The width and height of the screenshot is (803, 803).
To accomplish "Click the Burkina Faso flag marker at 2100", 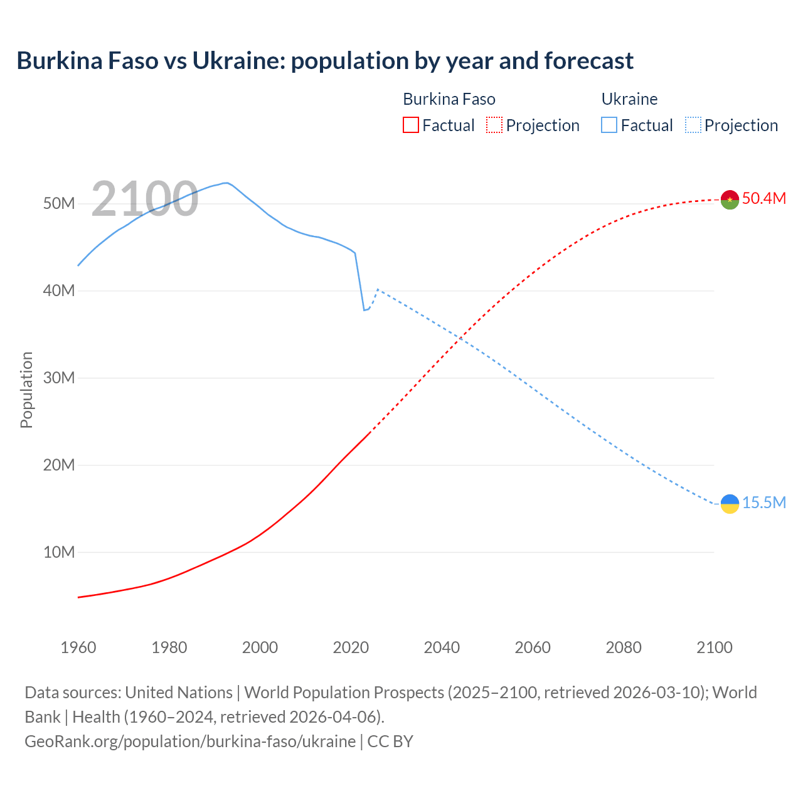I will [x=730, y=199].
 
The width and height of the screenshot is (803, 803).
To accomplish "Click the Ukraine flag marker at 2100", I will [x=730, y=504].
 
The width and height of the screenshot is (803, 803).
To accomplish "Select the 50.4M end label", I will [x=763, y=199].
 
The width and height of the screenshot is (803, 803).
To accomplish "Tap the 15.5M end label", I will [x=763, y=503].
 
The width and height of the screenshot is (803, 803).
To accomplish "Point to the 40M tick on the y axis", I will [x=59, y=291].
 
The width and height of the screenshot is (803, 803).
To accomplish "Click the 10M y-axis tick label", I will [x=59, y=553].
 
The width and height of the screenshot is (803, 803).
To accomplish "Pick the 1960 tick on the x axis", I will [x=78, y=647].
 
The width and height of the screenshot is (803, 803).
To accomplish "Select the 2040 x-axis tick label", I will [x=442, y=647].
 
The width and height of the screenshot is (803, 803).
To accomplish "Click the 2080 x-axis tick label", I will [x=623, y=647].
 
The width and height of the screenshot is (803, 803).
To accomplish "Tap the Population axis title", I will [x=26, y=390].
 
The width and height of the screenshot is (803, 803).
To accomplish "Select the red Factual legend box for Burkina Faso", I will [x=410, y=125].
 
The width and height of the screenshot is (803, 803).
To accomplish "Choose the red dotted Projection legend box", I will [x=494, y=125].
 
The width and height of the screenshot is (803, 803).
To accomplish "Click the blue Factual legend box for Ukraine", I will [x=609, y=125].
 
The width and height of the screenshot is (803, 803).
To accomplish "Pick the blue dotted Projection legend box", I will [x=693, y=125].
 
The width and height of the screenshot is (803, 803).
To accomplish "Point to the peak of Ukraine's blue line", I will [x=226, y=183].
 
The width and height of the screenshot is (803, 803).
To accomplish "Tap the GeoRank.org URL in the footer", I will [x=190, y=742].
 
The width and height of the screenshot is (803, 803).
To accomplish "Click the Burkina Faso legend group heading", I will [x=449, y=99].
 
